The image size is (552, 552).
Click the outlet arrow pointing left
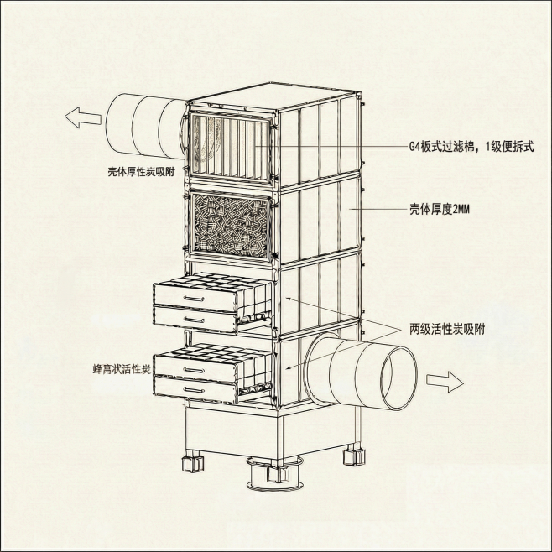pyautogui.click(x=81, y=117)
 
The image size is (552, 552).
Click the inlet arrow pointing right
pyautogui.click(x=445, y=381)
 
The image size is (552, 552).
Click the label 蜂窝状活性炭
pyautogui.click(x=121, y=369)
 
